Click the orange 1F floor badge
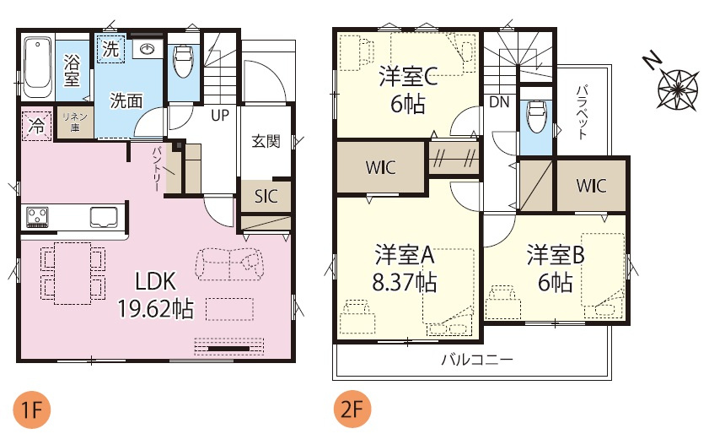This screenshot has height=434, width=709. pos(31,411)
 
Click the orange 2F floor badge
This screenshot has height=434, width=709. pos(352,411)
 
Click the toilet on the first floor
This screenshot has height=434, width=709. pos(182,61)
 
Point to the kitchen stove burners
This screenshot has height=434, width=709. pos(39,218)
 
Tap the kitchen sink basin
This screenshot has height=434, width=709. pos(106,217)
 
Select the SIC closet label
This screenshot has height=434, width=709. pos(266,197)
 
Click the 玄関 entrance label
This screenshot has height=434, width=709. pos(266,141)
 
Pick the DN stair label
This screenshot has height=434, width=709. pos(499,102)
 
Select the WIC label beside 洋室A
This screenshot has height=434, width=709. pos(380,167)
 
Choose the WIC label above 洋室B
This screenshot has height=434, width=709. pos(590,186)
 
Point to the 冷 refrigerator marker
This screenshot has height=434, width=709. pos(36,125)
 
